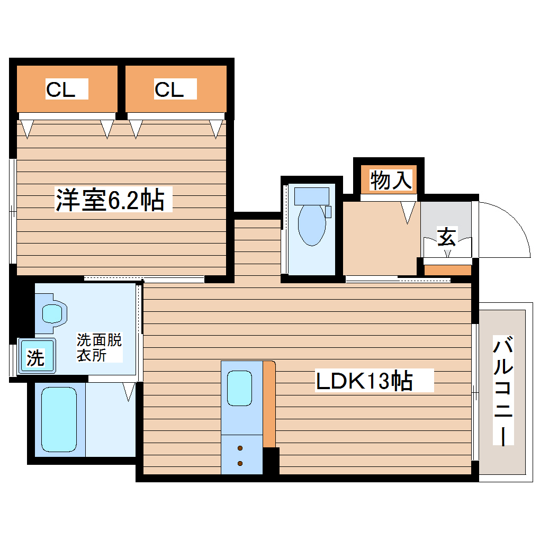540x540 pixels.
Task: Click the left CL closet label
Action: click(60, 89)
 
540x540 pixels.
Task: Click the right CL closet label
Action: click(169, 89)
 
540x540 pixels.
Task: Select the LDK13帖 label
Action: click(364, 381)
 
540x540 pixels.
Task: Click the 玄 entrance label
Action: click(447, 237)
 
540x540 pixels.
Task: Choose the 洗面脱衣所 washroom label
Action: click(99, 347)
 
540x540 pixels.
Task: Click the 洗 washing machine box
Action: click(35, 358)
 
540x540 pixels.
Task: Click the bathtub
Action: click(59, 419)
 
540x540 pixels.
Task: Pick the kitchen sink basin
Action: click(239, 388)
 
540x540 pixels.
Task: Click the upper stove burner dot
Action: click(240, 449)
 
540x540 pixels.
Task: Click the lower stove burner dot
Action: click(240, 464)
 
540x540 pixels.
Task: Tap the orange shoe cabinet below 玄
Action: click(448, 270)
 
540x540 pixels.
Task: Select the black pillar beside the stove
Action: click(271, 461)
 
